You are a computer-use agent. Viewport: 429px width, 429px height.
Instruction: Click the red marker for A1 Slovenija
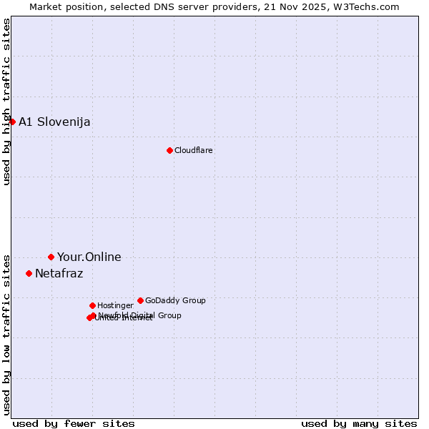coord(12,122)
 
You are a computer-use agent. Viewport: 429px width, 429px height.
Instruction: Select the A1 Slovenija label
coord(54,122)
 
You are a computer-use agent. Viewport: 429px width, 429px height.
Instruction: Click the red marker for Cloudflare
coord(169,150)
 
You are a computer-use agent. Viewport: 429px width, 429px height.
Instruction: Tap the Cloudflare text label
coord(193,150)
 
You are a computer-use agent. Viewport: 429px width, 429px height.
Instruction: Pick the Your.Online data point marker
coord(51,257)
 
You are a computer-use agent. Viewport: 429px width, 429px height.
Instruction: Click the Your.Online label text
coord(89,257)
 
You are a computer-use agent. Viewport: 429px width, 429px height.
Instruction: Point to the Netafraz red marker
coord(29,273)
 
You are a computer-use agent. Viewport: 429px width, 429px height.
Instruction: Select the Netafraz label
coord(59,273)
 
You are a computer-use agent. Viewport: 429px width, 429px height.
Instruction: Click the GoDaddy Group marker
coord(140,300)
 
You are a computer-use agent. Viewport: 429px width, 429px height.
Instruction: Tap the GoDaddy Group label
coord(175,300)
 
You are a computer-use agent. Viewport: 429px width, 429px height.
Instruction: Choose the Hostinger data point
coord(92,305)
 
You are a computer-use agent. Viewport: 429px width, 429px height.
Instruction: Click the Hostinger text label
coord(115,305)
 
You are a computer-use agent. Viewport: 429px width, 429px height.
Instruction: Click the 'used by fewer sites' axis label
coord(74,423)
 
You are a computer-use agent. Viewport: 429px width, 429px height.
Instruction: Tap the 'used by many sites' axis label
coord(359,423)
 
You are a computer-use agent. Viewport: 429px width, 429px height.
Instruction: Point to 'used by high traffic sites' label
coord(6,102)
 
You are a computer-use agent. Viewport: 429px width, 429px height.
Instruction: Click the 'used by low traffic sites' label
coord(6,334)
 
